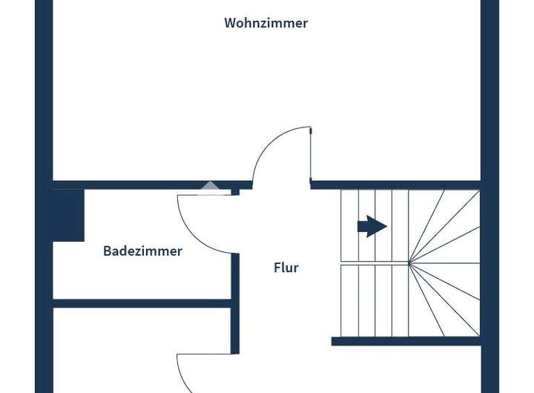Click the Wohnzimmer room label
tap(266, 23)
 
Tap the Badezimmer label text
tap(142, 251)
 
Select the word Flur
tap(286, 268)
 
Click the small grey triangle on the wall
tap(210, 188)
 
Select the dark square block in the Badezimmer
tap(68, 215)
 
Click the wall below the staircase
tap(406, 341)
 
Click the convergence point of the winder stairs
tap(409, 262)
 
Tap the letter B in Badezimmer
tap(107, 251)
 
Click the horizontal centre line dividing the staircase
tap(375, 262)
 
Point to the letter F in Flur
tap(277, 268)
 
